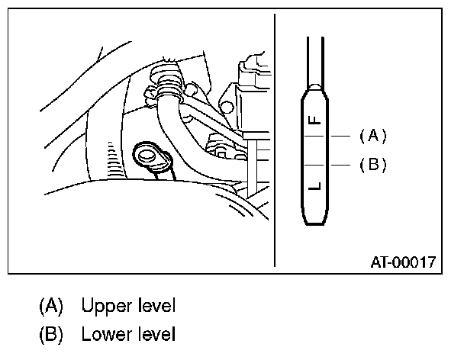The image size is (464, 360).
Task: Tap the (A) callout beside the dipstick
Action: tap(373, 136)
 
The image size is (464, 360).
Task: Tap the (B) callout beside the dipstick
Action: tap(373, 164)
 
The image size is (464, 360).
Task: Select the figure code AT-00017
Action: tap(404, 262)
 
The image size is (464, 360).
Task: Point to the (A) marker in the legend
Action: tap(50, 307)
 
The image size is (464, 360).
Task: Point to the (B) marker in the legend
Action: tap(50, 333)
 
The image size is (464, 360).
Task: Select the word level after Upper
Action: tap(156, 307)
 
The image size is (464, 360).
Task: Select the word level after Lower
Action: tap(156, 333)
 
